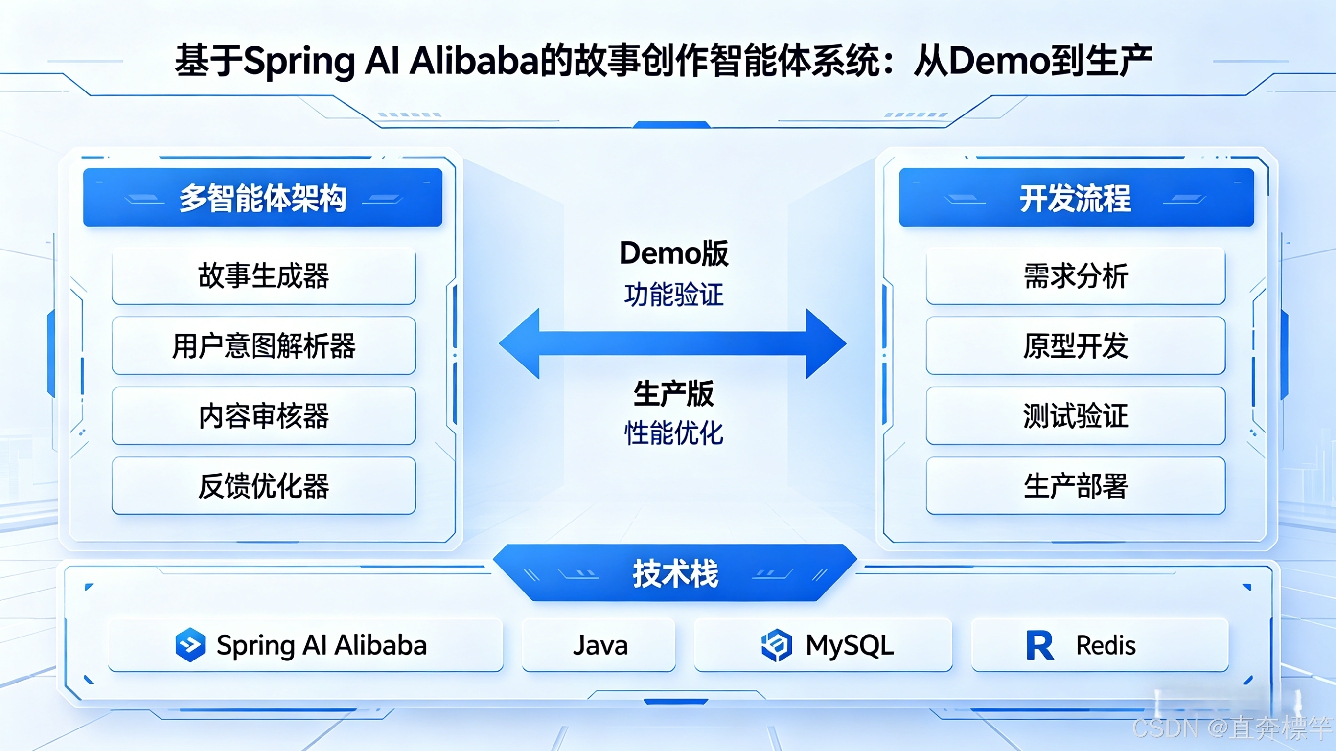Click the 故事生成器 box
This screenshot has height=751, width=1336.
(263, 276)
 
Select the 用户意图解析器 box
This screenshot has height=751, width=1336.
(263, 346)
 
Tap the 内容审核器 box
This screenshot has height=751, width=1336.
(263, 416)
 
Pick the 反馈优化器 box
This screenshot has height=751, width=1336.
(263, 486)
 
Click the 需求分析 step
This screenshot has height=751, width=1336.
(1076, 276)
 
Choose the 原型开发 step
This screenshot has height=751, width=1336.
(1076, 346)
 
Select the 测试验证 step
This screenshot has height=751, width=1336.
(1076, 416)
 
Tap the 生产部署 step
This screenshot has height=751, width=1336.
(1076, 486)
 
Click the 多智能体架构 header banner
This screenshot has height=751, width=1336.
(262, 198)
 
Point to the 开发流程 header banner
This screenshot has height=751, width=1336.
(1076, 198)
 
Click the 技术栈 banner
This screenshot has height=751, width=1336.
(675, 573)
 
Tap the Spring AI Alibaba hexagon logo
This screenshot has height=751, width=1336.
(190, 645)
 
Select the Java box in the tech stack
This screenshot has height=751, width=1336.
(599, 645)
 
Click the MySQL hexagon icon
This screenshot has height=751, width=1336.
(776, 645)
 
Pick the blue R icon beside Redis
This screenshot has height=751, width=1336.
(1039, 645)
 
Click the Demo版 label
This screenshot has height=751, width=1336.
(674, 253)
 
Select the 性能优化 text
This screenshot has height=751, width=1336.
(674, 433)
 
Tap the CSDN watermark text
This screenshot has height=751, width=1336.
(1231, 728)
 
